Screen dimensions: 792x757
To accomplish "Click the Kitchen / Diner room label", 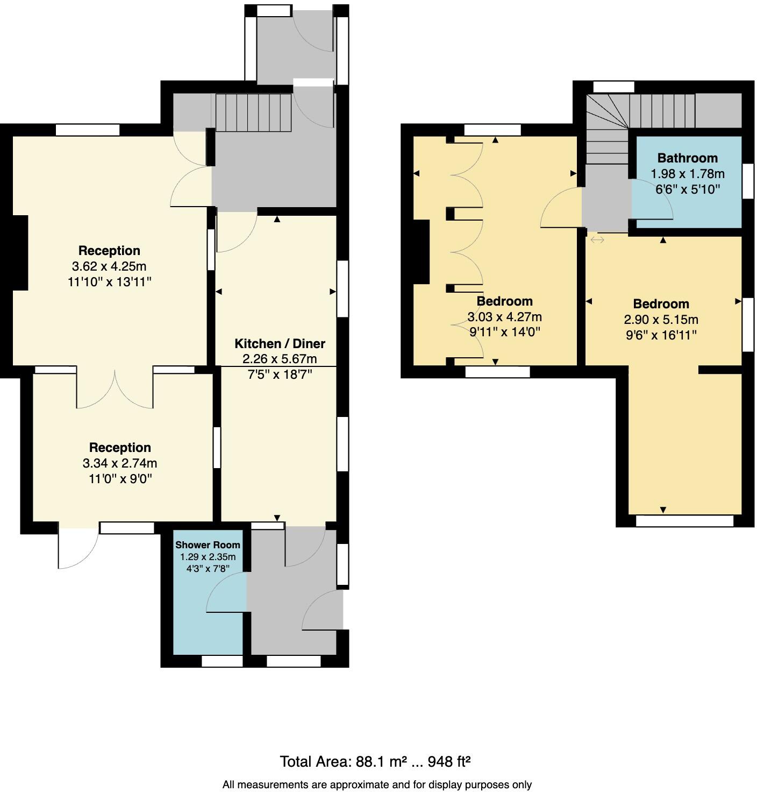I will [x=280, y=344].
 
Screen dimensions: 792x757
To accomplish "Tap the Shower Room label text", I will [x=208, y=545].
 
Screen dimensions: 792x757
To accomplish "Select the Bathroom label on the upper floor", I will [x=687, y=158].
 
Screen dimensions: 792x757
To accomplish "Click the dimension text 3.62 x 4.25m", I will [x=109, y=266].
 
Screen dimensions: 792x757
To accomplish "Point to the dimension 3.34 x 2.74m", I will [x=120, y=463].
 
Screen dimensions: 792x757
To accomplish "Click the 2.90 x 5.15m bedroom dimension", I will [x=661, y=320].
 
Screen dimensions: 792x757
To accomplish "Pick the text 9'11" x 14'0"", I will [x=504, y=333].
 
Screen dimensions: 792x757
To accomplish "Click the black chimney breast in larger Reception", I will [x=19, y=252].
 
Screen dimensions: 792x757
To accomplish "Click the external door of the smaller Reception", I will [x=78, y=548].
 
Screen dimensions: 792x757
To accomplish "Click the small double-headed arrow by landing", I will [x=597, y=239].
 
